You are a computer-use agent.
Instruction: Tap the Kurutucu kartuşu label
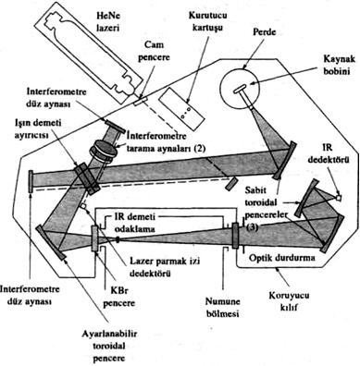208,21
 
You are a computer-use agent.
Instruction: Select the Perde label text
264,31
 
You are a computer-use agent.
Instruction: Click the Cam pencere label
155,51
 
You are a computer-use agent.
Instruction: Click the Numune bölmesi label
223,308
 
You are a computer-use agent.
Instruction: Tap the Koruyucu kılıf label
289,301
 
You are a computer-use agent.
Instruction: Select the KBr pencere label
118,297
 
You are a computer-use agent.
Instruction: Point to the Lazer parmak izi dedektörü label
165,267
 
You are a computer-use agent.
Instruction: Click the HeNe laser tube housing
88,53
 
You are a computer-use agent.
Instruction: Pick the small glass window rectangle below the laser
141,101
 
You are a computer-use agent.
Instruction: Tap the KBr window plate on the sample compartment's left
95,238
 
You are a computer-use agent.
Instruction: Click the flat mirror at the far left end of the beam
31,181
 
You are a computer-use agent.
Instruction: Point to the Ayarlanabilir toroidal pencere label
109,347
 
